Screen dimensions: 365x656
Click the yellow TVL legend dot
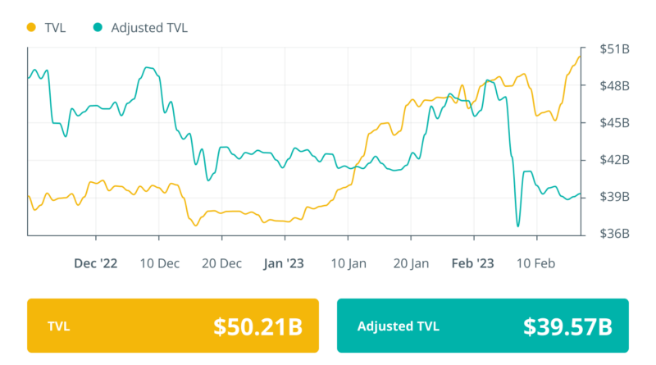coord(32,27)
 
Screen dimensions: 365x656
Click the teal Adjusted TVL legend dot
coord(98,27)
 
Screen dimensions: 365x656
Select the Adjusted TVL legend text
coord(149,27)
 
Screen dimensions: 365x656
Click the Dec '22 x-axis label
coord(96,263)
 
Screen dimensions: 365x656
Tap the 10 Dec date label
coord(159,263)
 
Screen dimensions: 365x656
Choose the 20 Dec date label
coord(221,263)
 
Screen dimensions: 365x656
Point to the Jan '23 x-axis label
coord(284,263)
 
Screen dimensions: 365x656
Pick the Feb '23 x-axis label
coord(473,263)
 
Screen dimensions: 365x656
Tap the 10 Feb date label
coord(537,263)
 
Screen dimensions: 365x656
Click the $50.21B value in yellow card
coord(257,326)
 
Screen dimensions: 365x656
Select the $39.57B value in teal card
coord(567,326)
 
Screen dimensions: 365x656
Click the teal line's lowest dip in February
coord(518,226)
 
